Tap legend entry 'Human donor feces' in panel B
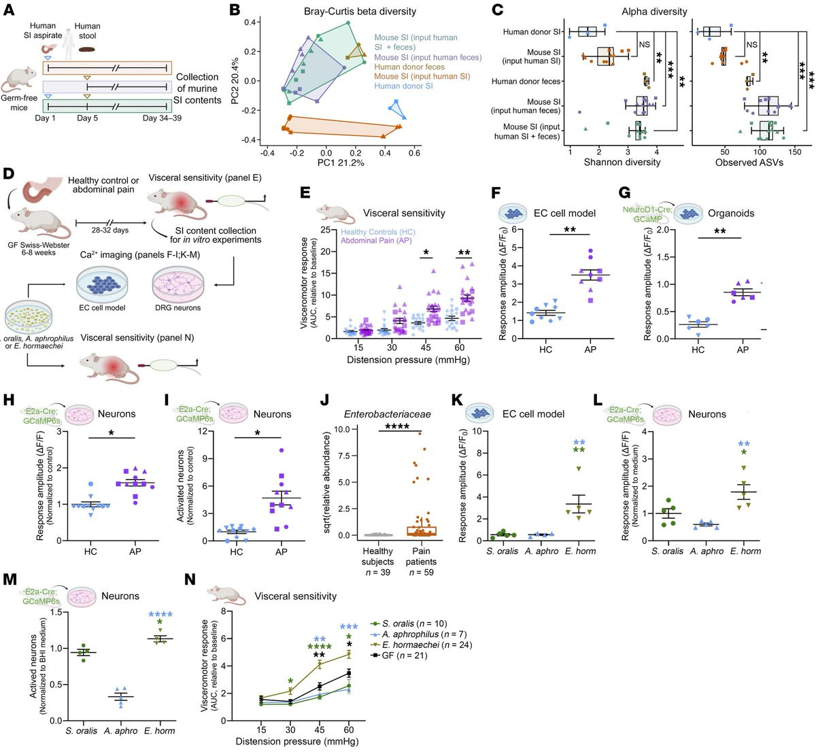pos(409,67)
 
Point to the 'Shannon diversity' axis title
pos(622,163)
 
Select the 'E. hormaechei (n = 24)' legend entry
pos(426,645)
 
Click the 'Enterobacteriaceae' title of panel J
pos(388,414)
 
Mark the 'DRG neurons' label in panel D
pos(177,307)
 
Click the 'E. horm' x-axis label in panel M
pos(160,731)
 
